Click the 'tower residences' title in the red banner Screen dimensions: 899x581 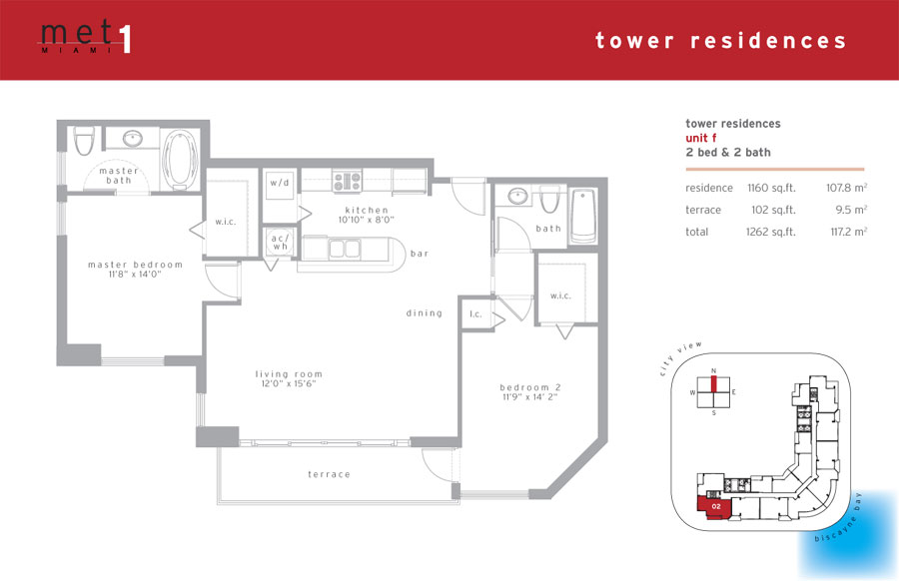(x=720, y=40)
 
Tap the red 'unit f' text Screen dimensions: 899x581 (x=700, y=138)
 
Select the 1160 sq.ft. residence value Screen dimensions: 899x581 (x=771, y=188)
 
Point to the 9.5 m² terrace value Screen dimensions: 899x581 (x=851, y=210)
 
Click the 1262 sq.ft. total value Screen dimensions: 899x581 (x=770, y=232)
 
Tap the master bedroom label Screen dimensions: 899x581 (x=135, y=270)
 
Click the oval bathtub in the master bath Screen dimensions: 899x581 (x=180, y=160)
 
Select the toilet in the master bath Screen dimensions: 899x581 (x=84, y=141)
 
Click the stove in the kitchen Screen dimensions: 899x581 (x=348, y=181)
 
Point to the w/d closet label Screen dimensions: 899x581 (x=280, y=183)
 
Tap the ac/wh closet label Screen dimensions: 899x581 (x=281, y=242)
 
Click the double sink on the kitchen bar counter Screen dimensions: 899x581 (x=344, y=249)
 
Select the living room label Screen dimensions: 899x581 (x=289, y=378)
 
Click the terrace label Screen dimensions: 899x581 (x=329, y=474)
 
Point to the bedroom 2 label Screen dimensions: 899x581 (x=529, y=392)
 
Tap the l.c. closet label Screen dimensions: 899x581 (x=475, y=314)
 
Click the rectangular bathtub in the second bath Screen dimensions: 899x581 (x=583, y=216)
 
